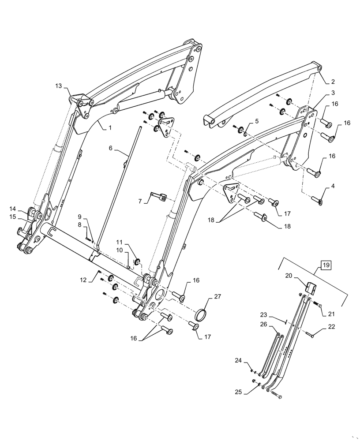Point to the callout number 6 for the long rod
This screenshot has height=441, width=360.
(x=111, y=149)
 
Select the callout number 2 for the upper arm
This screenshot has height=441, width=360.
(x=333, y=82)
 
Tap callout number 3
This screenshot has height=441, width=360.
(x=333, y=93)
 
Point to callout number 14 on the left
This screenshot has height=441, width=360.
(x=12, y=209)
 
